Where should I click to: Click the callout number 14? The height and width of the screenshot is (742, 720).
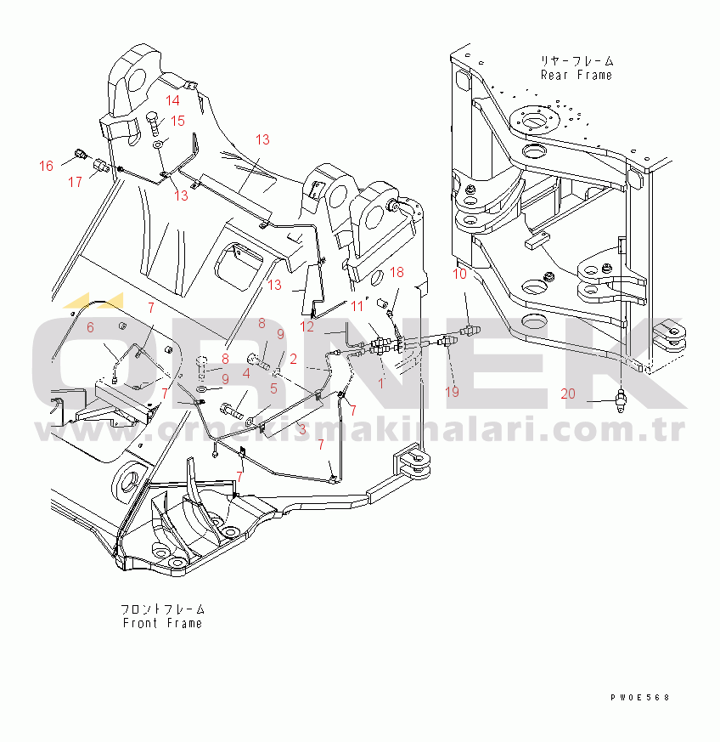pyautogui.click(x=173, y=100)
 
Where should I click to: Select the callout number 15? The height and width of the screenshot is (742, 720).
pyautogui.click(x=178, y=121)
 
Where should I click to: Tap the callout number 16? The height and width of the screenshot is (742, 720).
pyautogui.click(x=47, y=165)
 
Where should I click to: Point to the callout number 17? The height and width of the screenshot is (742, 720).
pyautogui.click(x=76, y=181)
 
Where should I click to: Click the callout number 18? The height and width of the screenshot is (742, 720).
pyautogui.click(x=397, y=272)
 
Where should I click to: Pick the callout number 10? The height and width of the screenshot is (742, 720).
pyautogui.click(x=459, y=274)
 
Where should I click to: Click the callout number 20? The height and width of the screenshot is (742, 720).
pyautogui.click(x=568, y=393)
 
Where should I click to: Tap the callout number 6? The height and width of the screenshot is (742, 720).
pyautogui.click(x=91, y=327)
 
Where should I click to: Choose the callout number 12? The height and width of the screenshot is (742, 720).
pyautogui.click(x=307, y=326)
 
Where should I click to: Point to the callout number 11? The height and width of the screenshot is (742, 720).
pyautogui.click(x=357, y=306)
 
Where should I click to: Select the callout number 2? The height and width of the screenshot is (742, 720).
pyautogui.click(x=293, y=359)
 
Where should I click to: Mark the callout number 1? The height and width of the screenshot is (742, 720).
pyautogui.click(x=381, y=382)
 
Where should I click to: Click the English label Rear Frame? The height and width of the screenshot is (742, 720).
pyautogui.click(x=576, y=75)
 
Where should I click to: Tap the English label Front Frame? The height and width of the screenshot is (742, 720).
pyautogui.click(x=162, y=623)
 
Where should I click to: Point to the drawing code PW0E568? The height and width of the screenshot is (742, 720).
pyautogui.click(x=639, y=697)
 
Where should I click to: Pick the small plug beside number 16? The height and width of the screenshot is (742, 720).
pyautogui.click(x=80, y=154)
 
